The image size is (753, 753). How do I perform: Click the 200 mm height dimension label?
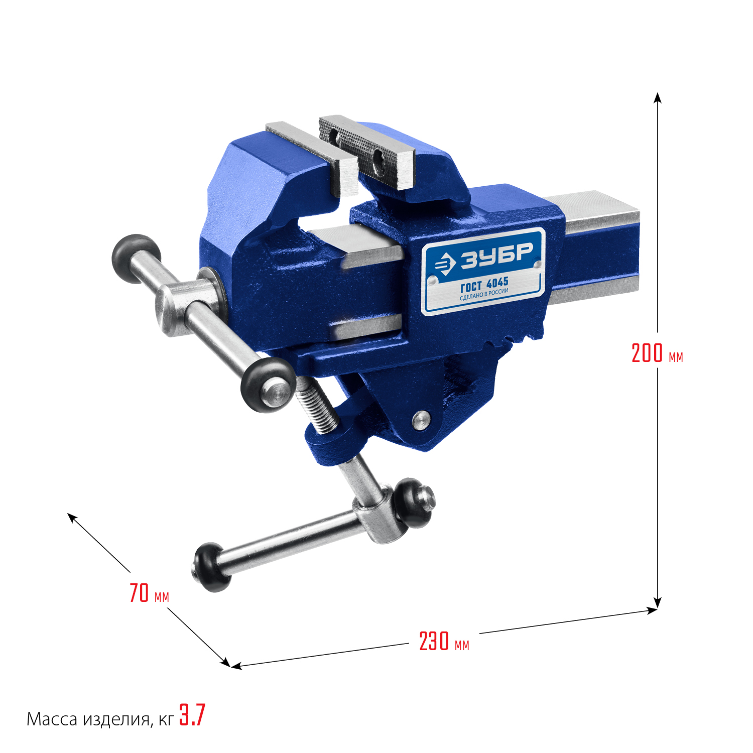point(657,353)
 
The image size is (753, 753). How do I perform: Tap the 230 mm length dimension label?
point(444,642)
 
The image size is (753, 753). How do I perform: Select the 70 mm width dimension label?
point(149,593)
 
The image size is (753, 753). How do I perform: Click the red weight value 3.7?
point(192,715)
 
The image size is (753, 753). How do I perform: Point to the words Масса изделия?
point(88,719)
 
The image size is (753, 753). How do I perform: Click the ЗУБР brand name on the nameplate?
point(496,255)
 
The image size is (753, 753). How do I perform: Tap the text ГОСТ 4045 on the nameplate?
point(484,285)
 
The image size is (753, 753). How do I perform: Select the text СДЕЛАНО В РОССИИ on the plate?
point(484,295)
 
